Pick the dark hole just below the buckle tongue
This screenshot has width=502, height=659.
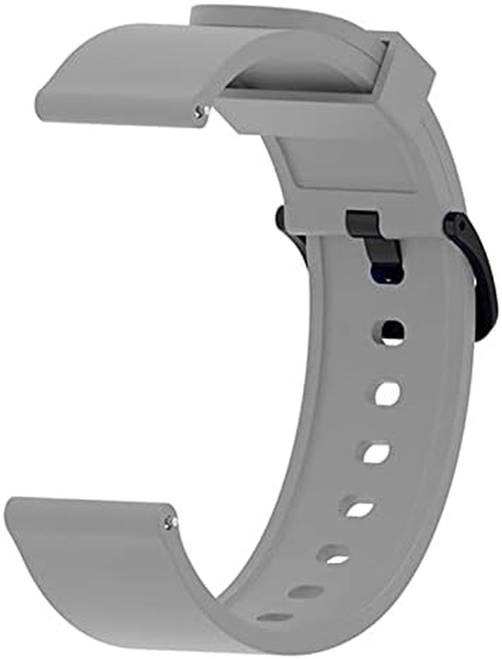(392, 330)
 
